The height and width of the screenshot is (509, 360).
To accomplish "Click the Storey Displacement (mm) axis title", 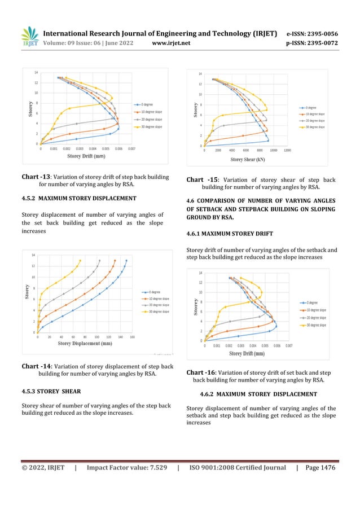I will (x=84, y=343).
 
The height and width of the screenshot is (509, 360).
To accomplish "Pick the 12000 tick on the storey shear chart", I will (x=287, y=150).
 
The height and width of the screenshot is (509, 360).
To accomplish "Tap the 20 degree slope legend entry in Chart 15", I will (x=312, y=121).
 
